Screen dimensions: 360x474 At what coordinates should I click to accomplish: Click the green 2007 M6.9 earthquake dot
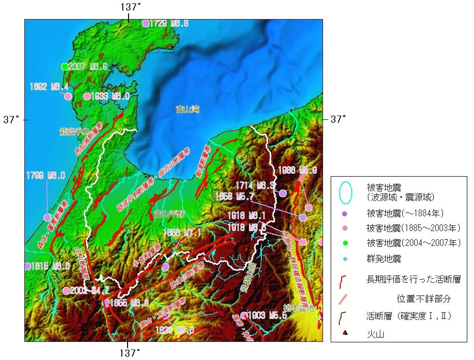(65, 66)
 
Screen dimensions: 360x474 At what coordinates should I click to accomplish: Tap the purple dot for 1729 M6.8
(146, 23)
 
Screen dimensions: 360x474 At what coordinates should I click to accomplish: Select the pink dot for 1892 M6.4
(68, 96)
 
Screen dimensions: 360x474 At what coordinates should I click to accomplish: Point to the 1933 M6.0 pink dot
(87, 96)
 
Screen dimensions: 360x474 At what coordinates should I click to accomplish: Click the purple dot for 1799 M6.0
(47, 217)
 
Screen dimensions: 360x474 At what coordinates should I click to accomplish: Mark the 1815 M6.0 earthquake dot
(27, 266)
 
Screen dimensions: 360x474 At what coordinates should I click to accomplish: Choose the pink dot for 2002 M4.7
(66, 290)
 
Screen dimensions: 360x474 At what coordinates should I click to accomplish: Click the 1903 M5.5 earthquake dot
(244, 315)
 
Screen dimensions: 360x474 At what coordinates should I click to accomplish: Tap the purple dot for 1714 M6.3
(283, 193)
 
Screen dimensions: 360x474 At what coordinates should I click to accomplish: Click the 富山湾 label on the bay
(187, 109)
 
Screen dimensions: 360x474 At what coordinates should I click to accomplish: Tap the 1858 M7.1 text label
(182, 233)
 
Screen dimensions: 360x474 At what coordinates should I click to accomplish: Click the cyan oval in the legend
(345, 191)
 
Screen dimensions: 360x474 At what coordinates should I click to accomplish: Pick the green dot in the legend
(345, 243)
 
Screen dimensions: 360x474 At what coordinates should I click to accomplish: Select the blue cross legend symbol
(345, 259)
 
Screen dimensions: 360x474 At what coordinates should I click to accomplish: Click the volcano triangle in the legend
(345, 333)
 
